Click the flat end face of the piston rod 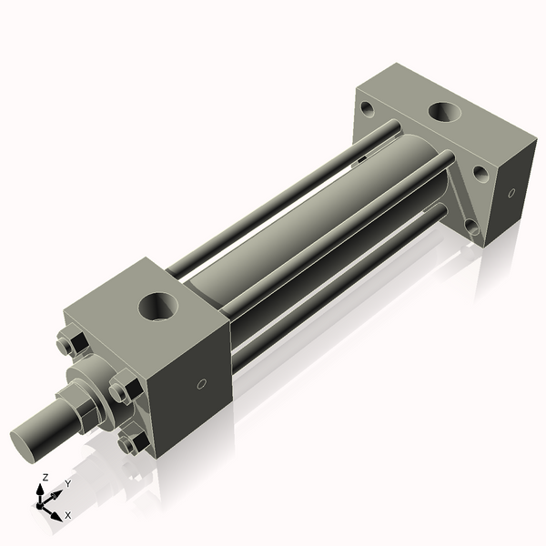tap(26, 443)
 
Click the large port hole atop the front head tap(160, 305)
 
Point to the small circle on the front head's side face tap(202, 383)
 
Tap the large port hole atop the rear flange tap(445, 114)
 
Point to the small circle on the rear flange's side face tap(511, 193)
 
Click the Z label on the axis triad tap(45, 478)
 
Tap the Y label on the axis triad tap(68, 484)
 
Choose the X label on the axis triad tap(67, 515)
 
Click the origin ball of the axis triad tap(42, 501)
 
